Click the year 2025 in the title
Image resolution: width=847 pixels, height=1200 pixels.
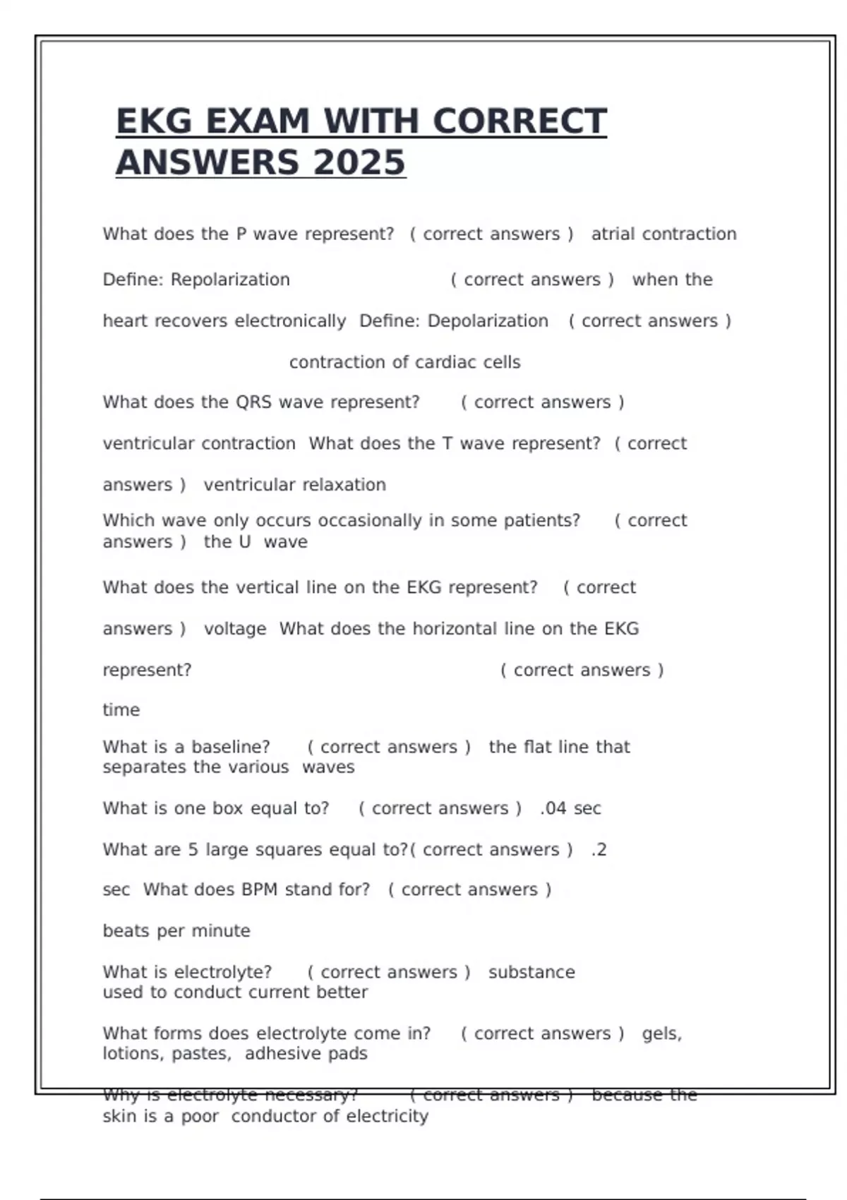359,162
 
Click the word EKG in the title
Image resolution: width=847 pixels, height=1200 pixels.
154,121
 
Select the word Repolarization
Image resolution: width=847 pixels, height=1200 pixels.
230,280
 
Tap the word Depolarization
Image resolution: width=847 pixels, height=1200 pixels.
488,321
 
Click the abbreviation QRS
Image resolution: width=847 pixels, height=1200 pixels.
253,402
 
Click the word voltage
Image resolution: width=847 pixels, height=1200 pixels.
235,629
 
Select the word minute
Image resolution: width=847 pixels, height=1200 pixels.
221,931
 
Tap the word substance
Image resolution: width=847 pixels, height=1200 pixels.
531,972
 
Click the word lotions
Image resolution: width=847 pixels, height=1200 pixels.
133,1054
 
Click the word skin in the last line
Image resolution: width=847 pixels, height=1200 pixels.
119,1117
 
